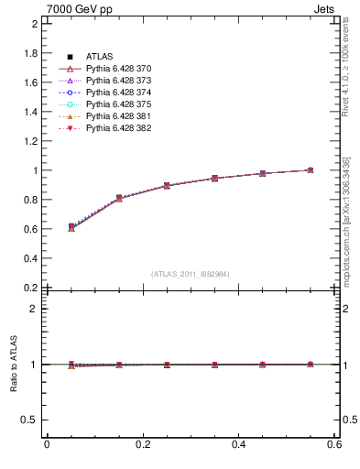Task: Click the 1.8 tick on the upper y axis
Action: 29,53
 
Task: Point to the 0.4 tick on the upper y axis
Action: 29,258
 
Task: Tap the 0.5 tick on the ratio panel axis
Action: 29,420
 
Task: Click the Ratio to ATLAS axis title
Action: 14,365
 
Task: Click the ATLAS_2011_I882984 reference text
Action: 191,274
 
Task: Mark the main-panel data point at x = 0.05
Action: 71,226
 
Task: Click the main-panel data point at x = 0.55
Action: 311,169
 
